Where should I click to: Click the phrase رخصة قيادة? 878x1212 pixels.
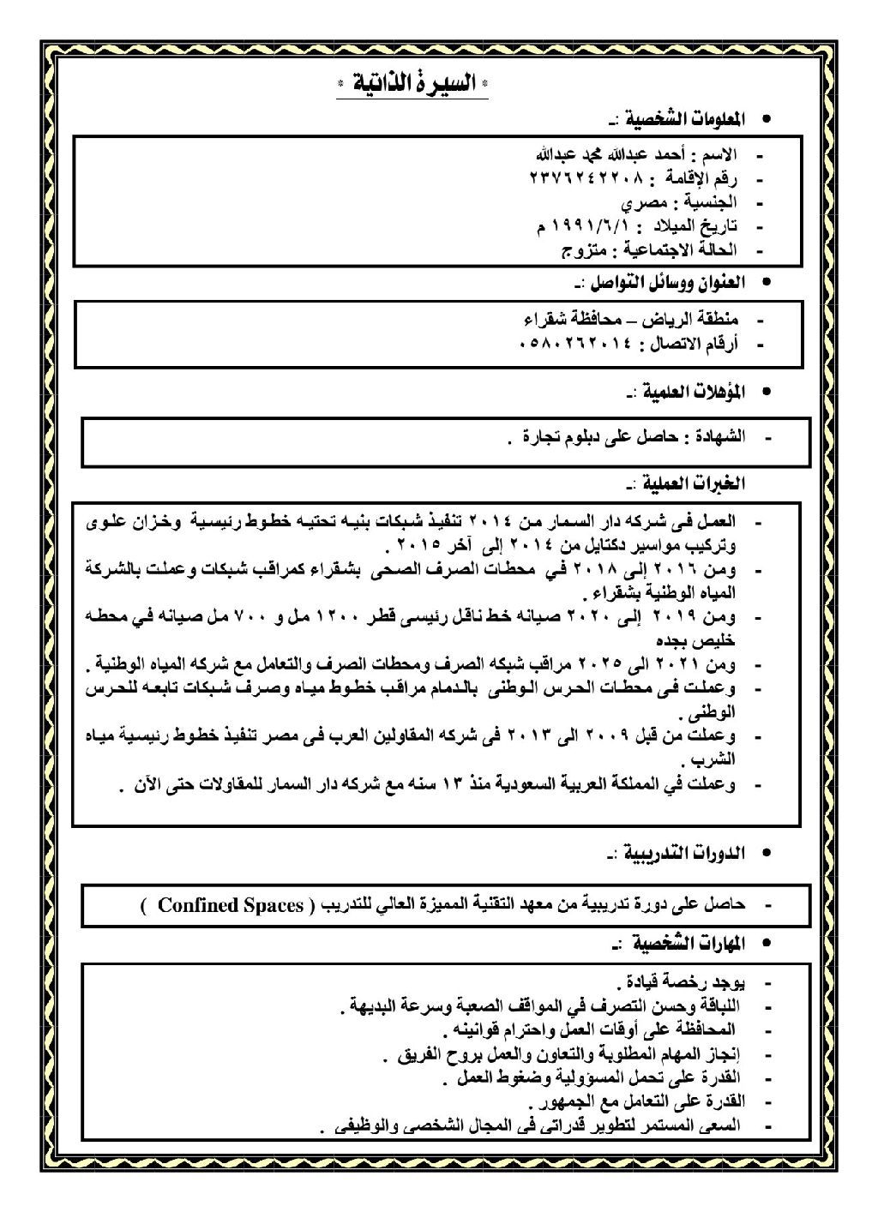tap(662, 980)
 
